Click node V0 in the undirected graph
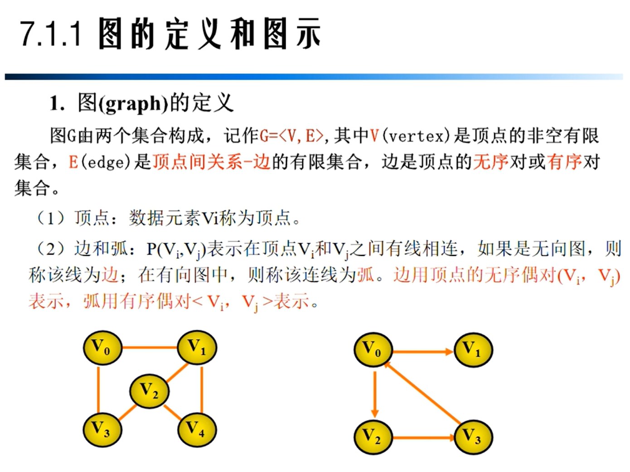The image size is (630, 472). tap(102, 348)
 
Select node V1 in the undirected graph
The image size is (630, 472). tap(197, 347)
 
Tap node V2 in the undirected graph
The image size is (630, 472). tap(149, 391)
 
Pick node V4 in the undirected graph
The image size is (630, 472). tap(197, 429)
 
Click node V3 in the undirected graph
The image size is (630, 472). tap(102, 429)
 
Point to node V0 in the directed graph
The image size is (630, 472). tap(373, 350)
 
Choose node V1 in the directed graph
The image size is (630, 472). tap(473, 350)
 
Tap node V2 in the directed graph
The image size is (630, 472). tap(373, 437)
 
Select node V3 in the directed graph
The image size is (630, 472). tap(473, 437)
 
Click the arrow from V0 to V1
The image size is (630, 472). tap(423, 352)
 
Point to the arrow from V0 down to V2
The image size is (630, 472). tap(374, 394)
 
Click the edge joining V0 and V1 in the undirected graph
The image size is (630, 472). tap(150, 347)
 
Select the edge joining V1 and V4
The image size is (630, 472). tap(202, 390)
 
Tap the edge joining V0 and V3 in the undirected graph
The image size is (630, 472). tap(98, 390)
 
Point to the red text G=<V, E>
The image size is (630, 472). tap(291, 136)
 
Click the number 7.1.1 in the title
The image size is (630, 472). tap(50, 34)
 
